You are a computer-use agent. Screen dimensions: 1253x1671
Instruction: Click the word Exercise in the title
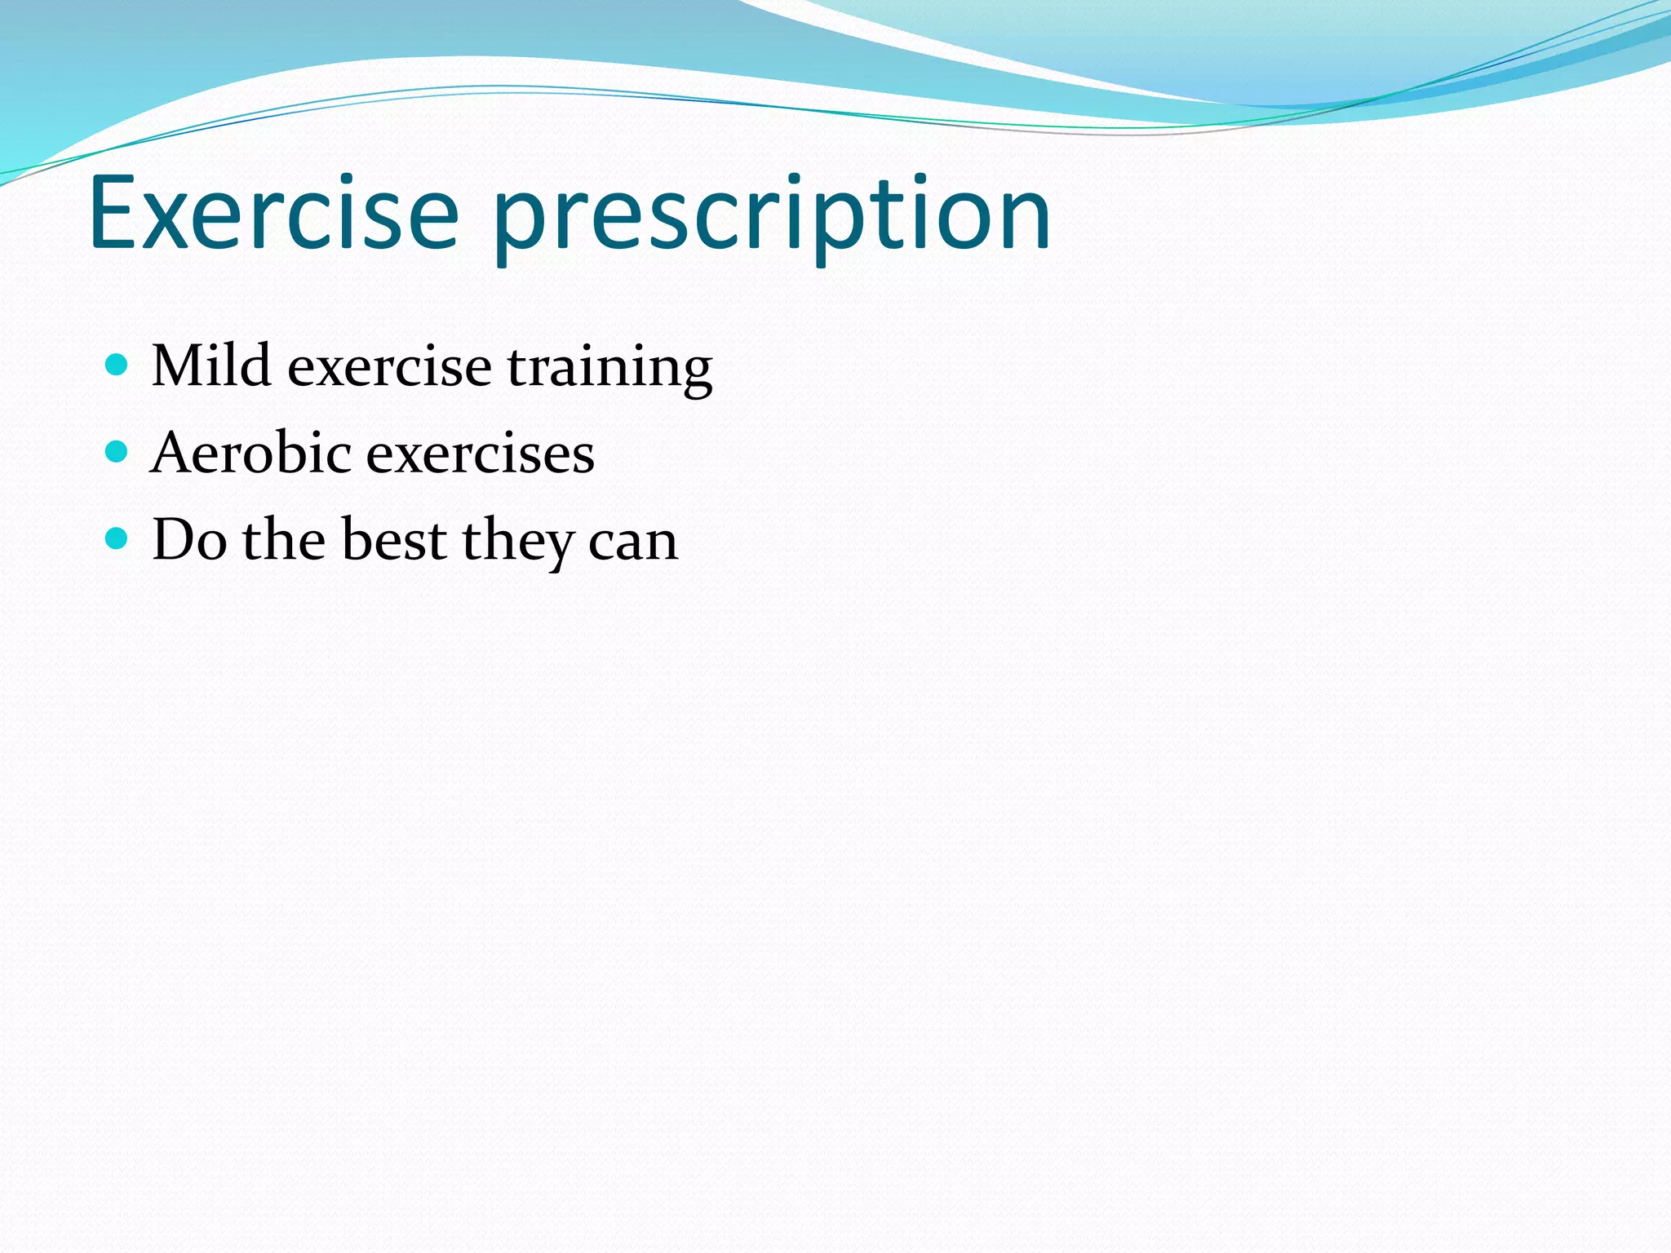pos(274,214)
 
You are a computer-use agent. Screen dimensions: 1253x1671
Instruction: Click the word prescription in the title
pos(772,214)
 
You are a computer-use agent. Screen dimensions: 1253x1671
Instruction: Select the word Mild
pos(211,365)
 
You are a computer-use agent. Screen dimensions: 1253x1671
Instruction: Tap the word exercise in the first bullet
pos(389,367)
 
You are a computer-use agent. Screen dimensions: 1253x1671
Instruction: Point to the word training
pos(609,367)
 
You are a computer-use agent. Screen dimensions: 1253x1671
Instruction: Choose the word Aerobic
pos(250,453)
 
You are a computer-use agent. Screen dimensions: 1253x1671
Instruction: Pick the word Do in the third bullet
pos(189,540)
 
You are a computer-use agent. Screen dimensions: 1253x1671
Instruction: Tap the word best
pos(393,540)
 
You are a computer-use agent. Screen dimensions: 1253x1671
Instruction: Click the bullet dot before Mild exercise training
pos(117,364)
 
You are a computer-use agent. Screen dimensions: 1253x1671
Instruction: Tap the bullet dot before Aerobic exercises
pos(117,451)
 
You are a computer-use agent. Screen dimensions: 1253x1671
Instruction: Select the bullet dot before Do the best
pos(117,538)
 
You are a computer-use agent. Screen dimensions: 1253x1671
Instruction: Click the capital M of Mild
pos(177,365)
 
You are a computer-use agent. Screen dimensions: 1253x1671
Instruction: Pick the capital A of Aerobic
pos(174,453)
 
